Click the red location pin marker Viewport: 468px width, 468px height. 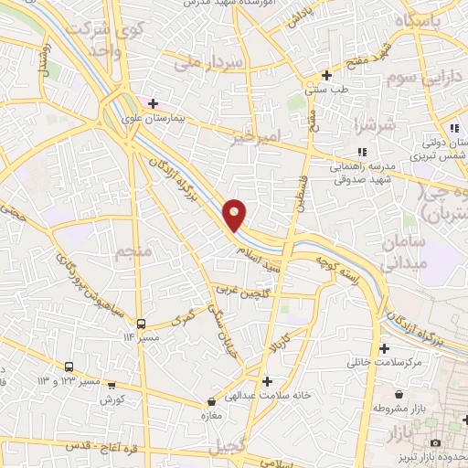point(235,213)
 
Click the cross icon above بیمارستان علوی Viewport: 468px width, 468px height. point(153,103)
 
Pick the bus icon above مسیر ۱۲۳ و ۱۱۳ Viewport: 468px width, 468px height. point(69,367)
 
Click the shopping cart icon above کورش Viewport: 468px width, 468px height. point(112,385)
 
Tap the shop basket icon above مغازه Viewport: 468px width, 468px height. point(212,400)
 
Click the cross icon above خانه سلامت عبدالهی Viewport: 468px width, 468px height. point(266,380)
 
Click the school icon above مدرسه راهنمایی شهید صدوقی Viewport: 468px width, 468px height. point(362,152)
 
